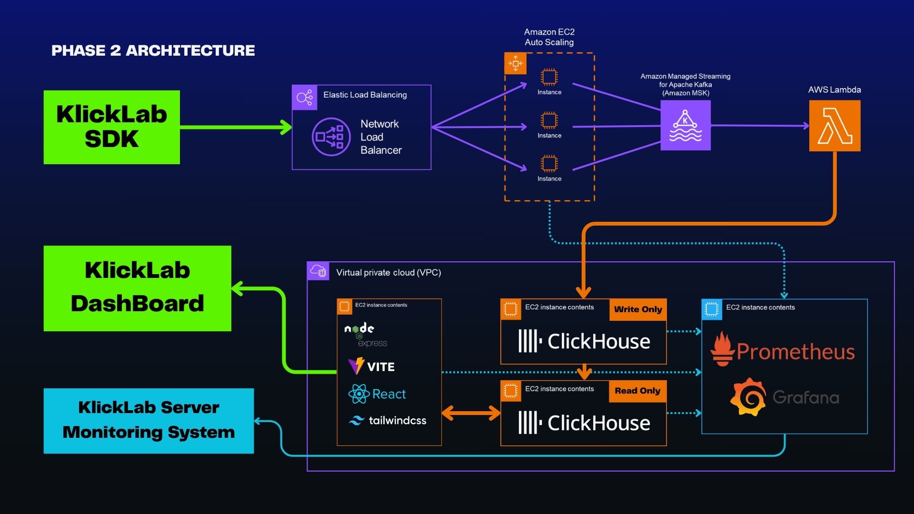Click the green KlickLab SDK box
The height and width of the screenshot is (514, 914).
pos(111,127)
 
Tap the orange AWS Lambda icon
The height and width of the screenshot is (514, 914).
pos(835,126)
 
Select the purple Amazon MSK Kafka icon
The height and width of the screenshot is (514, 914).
pos(685,125)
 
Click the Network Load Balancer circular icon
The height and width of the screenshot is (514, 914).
pos(331,137)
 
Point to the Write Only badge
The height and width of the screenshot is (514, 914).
pos(637,309)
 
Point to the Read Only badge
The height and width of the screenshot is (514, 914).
pos(637,391)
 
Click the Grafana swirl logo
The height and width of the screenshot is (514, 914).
pos(748,397)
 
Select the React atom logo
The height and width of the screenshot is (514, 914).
pos(358,394)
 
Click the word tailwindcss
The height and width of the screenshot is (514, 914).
pos(397,421)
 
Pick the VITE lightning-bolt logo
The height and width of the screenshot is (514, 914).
pos(356,366)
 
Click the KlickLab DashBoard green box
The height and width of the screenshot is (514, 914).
pos(137,288)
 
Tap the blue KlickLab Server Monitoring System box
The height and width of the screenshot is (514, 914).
pos(149,421)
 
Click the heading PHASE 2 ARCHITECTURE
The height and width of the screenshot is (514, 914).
pos(153,50)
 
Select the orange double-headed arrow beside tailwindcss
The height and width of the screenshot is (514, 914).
pos(471,413)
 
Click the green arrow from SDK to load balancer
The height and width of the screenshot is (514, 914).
pos(236,127)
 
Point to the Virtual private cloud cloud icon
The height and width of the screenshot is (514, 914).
pos(318,271)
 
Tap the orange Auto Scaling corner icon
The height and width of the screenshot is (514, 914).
pos(515,63)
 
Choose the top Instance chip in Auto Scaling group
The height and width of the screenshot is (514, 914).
pos(549,77)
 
